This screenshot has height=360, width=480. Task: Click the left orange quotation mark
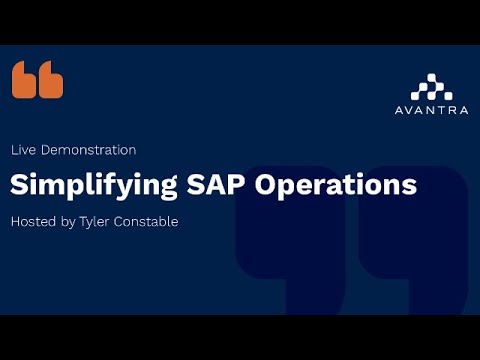pos(25,80)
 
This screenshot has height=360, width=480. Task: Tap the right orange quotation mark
pos(51,80)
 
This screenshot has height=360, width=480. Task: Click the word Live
pos(23,150)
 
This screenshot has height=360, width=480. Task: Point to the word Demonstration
pos(88,150)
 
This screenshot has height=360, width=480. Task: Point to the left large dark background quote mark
pos(290,245)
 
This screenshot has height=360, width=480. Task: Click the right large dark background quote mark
pos(415,245)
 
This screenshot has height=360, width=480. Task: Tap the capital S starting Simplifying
pos(18,185)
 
